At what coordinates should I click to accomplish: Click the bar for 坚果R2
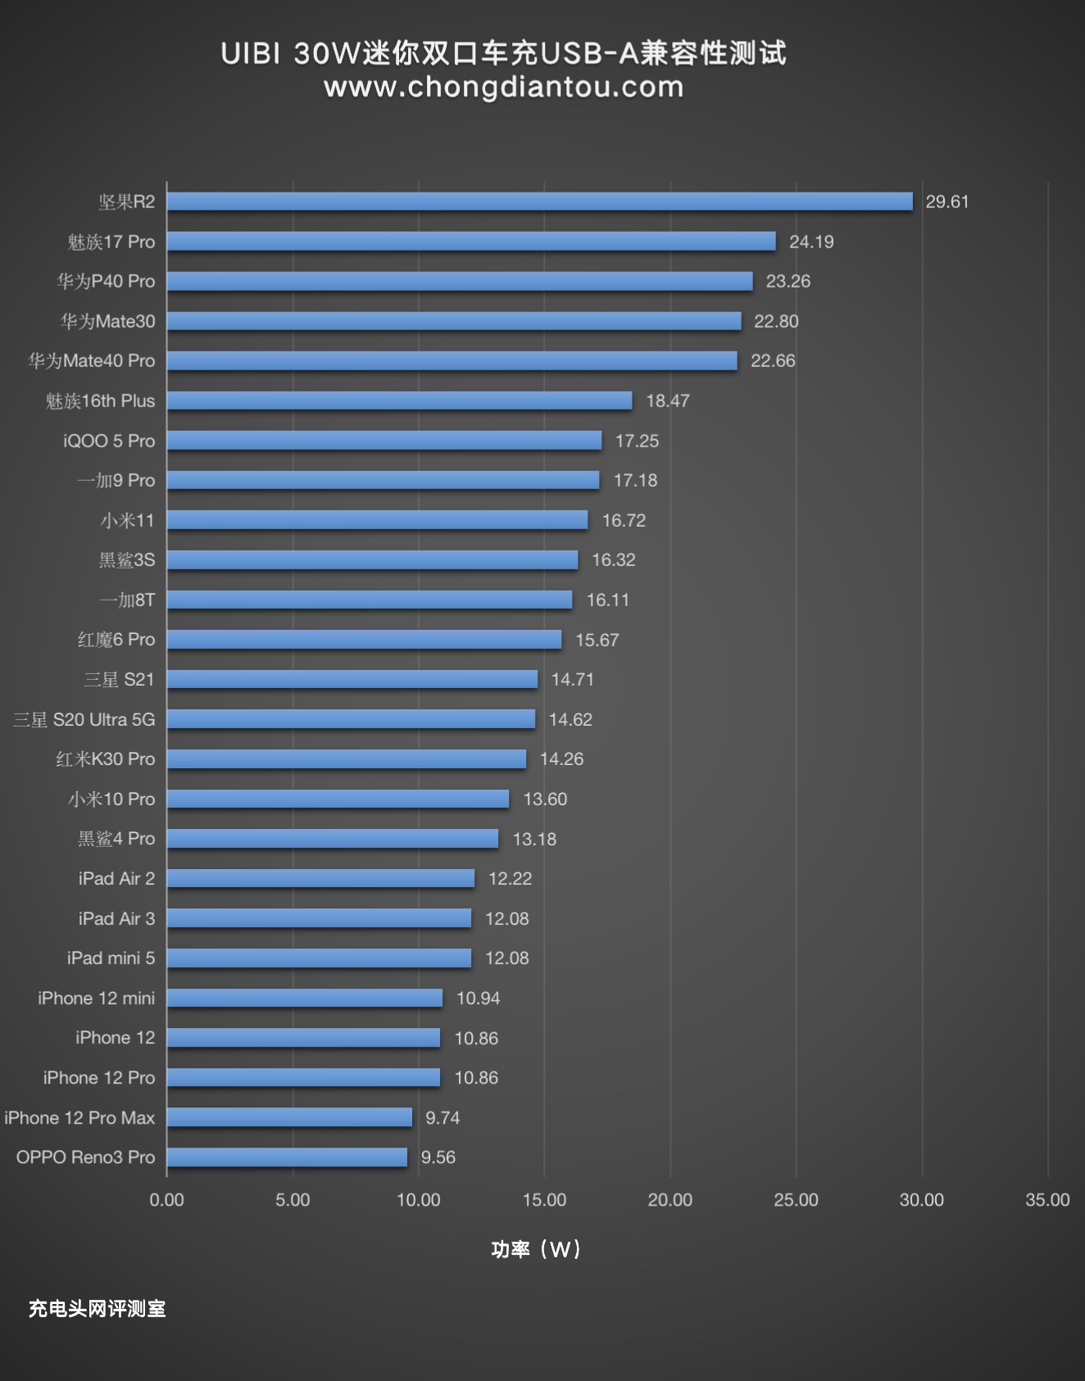click(539, 201)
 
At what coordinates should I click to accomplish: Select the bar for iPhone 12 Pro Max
click(289, 1117)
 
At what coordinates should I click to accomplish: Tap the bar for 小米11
click(377, 520)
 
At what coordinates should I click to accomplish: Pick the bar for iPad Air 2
click(320, 878)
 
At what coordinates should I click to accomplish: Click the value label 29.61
click(947, 201)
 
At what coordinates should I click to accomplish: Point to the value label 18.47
click(667, 401)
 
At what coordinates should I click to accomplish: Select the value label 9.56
click(438, 1157)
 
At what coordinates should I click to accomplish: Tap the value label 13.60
click(545, 799)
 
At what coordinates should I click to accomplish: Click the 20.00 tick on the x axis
click(670, 1200)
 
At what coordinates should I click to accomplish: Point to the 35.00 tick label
click(1047, 1200)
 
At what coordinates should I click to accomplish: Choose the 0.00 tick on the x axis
click(166, 1200)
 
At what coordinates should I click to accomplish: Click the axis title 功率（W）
click(536, 1249)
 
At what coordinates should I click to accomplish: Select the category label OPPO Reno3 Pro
click(85, 1157)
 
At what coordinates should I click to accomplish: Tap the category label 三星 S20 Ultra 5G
click(84, 719)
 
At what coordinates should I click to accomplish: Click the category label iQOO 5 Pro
click(108, 441)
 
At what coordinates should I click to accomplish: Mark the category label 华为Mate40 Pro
click(91, 360)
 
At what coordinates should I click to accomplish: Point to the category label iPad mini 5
click(111, 958)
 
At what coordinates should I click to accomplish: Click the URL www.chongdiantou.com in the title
click(503, 87)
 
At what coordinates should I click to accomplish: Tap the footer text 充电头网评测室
click(97, 1309)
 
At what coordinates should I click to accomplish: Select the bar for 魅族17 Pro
click(471, 242)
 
